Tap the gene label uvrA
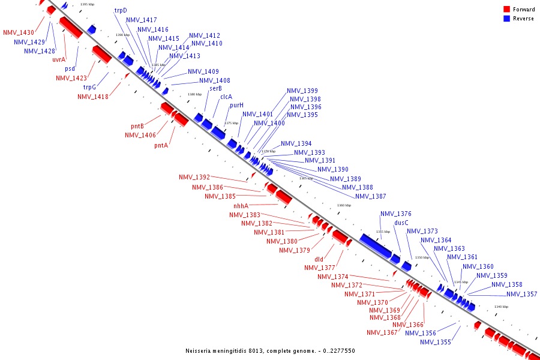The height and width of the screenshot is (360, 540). click(58, 59)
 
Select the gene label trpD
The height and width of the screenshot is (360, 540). click(121, 10)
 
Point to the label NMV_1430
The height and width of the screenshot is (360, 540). click(18, 32)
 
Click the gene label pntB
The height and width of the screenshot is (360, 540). click(137, 126)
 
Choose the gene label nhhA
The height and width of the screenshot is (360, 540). click(241, 205)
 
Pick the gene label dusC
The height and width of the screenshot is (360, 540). click(401, 223)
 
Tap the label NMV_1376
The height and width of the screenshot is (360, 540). click(396, 214)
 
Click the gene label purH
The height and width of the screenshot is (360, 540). click(236, 105)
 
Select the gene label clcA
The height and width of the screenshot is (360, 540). click(226, 97)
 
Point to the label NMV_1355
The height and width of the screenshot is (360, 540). click(435, 342)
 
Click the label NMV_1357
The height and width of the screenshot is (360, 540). click(521, 294)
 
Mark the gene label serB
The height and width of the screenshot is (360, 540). click(215, 88)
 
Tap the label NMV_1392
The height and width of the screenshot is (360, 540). click(194, 177)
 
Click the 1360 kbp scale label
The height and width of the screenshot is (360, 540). click(344, 205)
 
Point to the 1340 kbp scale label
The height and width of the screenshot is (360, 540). click(501, 307)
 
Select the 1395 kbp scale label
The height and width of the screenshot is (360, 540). click(87, 4)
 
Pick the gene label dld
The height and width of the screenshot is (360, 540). click(319, 259)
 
